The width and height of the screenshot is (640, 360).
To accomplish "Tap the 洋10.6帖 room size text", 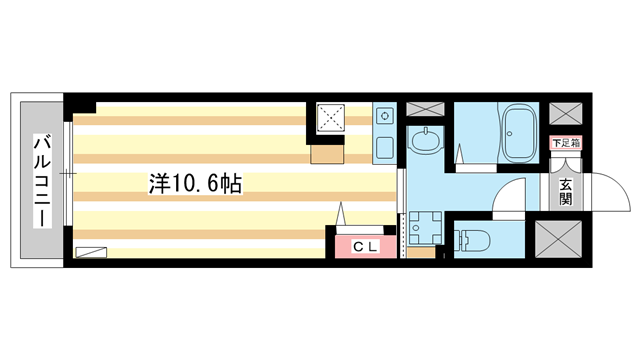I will (x=195, y=184).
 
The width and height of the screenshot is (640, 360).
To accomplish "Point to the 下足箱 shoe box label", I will (x=566, y=143).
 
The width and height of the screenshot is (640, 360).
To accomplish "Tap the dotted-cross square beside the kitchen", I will (x=330, y=118).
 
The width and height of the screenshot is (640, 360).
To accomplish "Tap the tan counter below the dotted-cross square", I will (x=327, y=152).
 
